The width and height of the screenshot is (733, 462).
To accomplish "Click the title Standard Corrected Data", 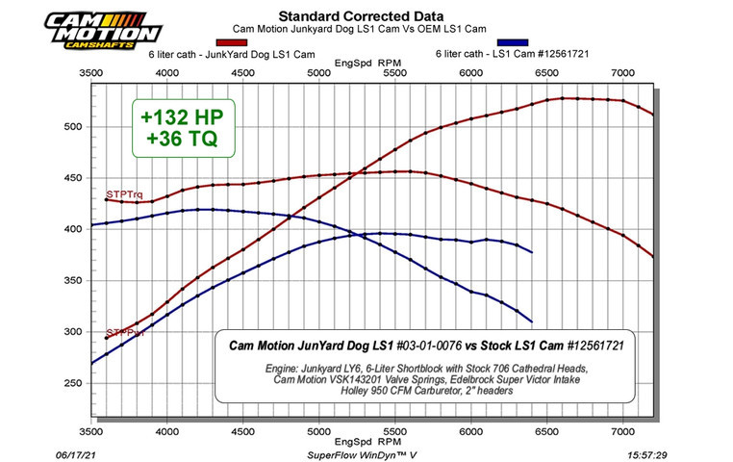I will (346, 15).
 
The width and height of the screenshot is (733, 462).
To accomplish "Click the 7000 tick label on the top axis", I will (623, 73).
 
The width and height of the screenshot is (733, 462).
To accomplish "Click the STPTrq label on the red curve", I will (123, 193).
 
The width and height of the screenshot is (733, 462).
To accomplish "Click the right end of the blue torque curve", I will (532, 321).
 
